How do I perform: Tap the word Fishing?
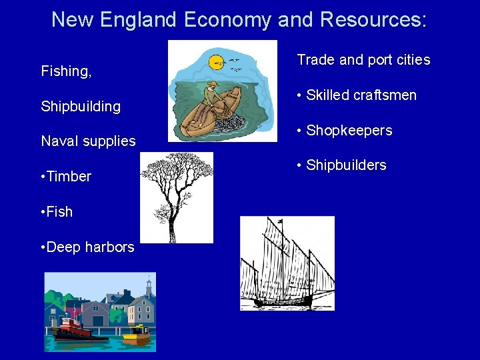tap(66, 71)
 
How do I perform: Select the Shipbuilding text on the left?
tap(81, 106)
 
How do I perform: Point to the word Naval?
tap(58, 141)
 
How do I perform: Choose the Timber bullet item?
tap(66, 176)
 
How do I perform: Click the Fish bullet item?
tap(57, 211)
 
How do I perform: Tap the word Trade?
tap(316, 60)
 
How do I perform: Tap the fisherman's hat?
tap(213, 84)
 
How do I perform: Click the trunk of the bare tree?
tap(173, 227)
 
